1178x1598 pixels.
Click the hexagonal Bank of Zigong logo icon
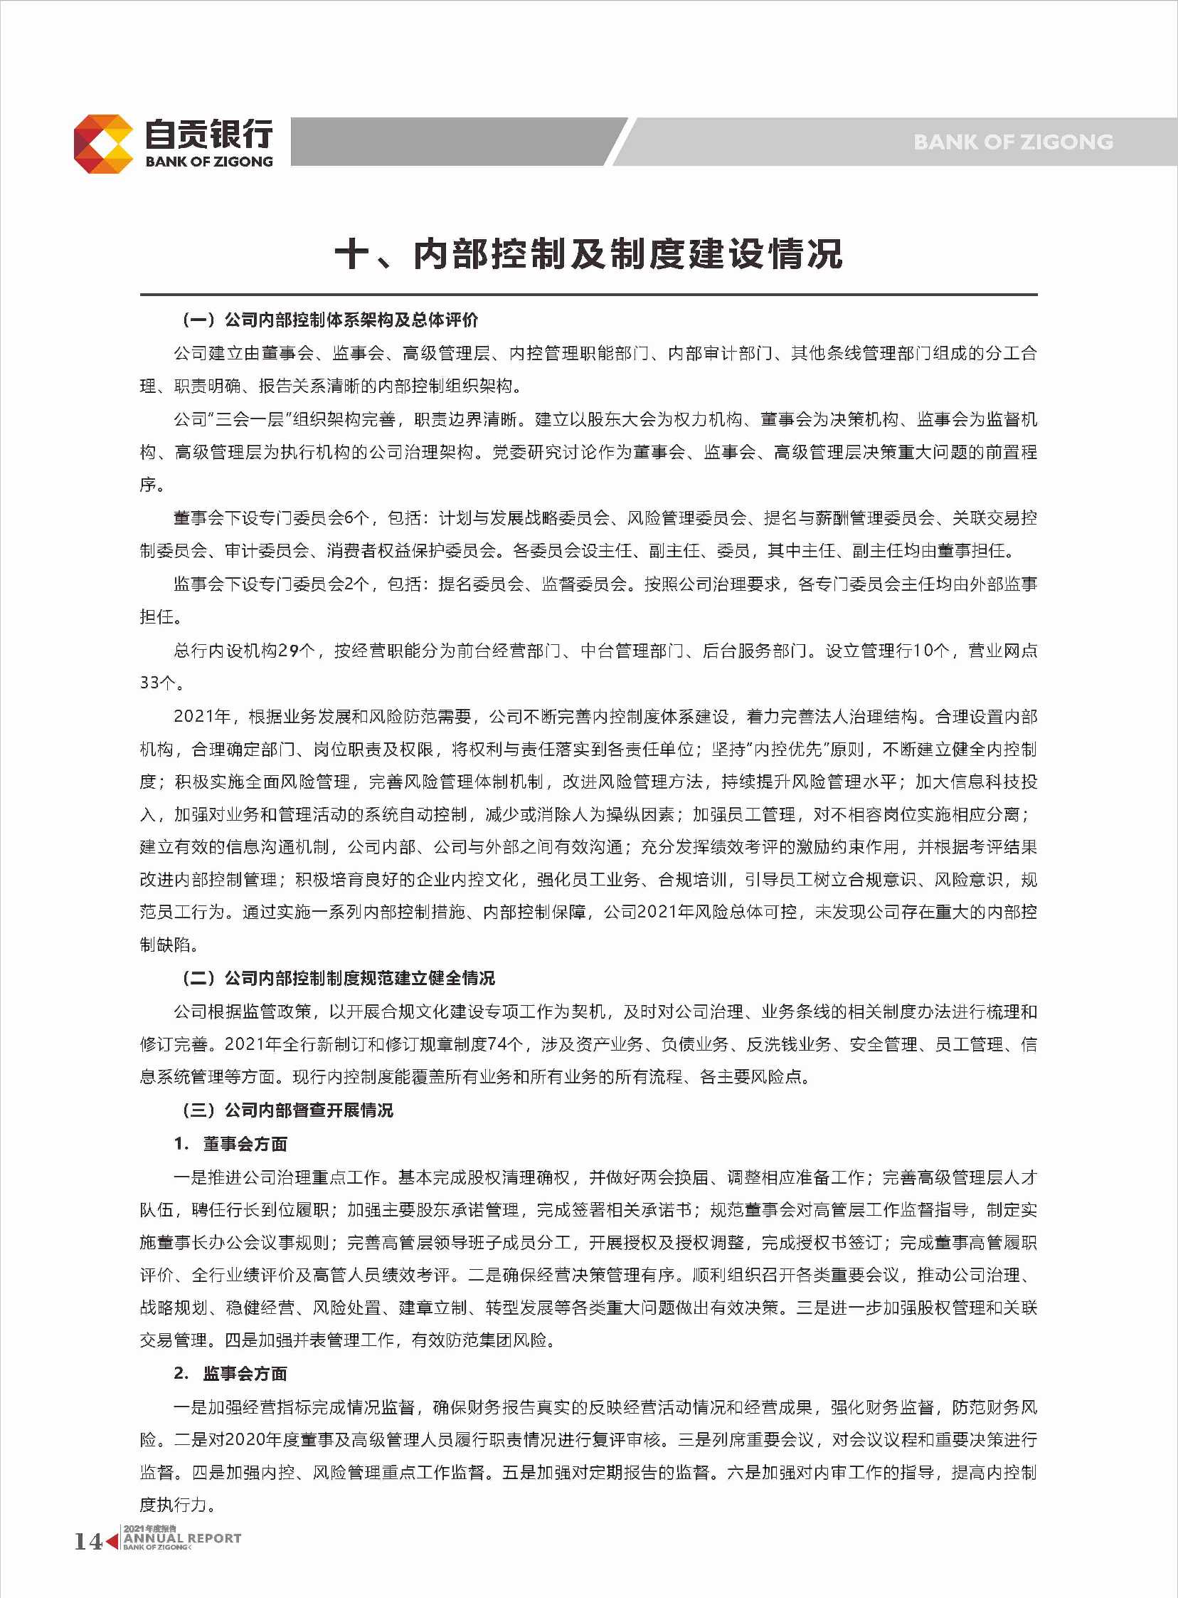pos(102,143)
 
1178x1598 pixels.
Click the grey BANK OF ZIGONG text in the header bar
pos(1012,142)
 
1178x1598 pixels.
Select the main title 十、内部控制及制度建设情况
pos(588,254)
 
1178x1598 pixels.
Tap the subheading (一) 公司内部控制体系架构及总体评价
pos(329,320)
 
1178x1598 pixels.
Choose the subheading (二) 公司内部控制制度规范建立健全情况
pos(338,977)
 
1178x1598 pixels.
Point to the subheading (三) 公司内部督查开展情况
pos(287,1110)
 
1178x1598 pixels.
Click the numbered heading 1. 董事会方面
pos(230,1144)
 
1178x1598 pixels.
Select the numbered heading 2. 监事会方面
pos(230,1373)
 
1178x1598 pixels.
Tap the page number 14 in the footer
pos(88,1541)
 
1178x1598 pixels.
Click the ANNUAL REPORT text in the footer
pos(183,1539)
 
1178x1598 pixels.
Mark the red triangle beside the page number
pos(112,1541)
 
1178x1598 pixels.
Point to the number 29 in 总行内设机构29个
pos(288,651)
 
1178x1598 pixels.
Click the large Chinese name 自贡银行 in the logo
pos(209,133)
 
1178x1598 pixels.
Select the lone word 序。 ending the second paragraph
pos(152,485)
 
